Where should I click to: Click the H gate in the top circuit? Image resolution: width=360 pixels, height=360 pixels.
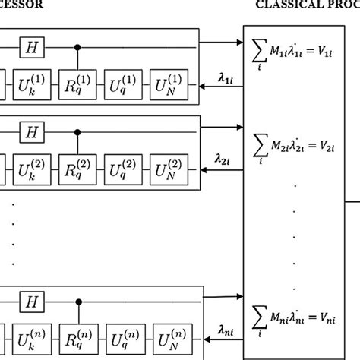tap(33, 47)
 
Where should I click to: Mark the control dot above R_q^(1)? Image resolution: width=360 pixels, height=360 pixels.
tap(77, 47)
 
